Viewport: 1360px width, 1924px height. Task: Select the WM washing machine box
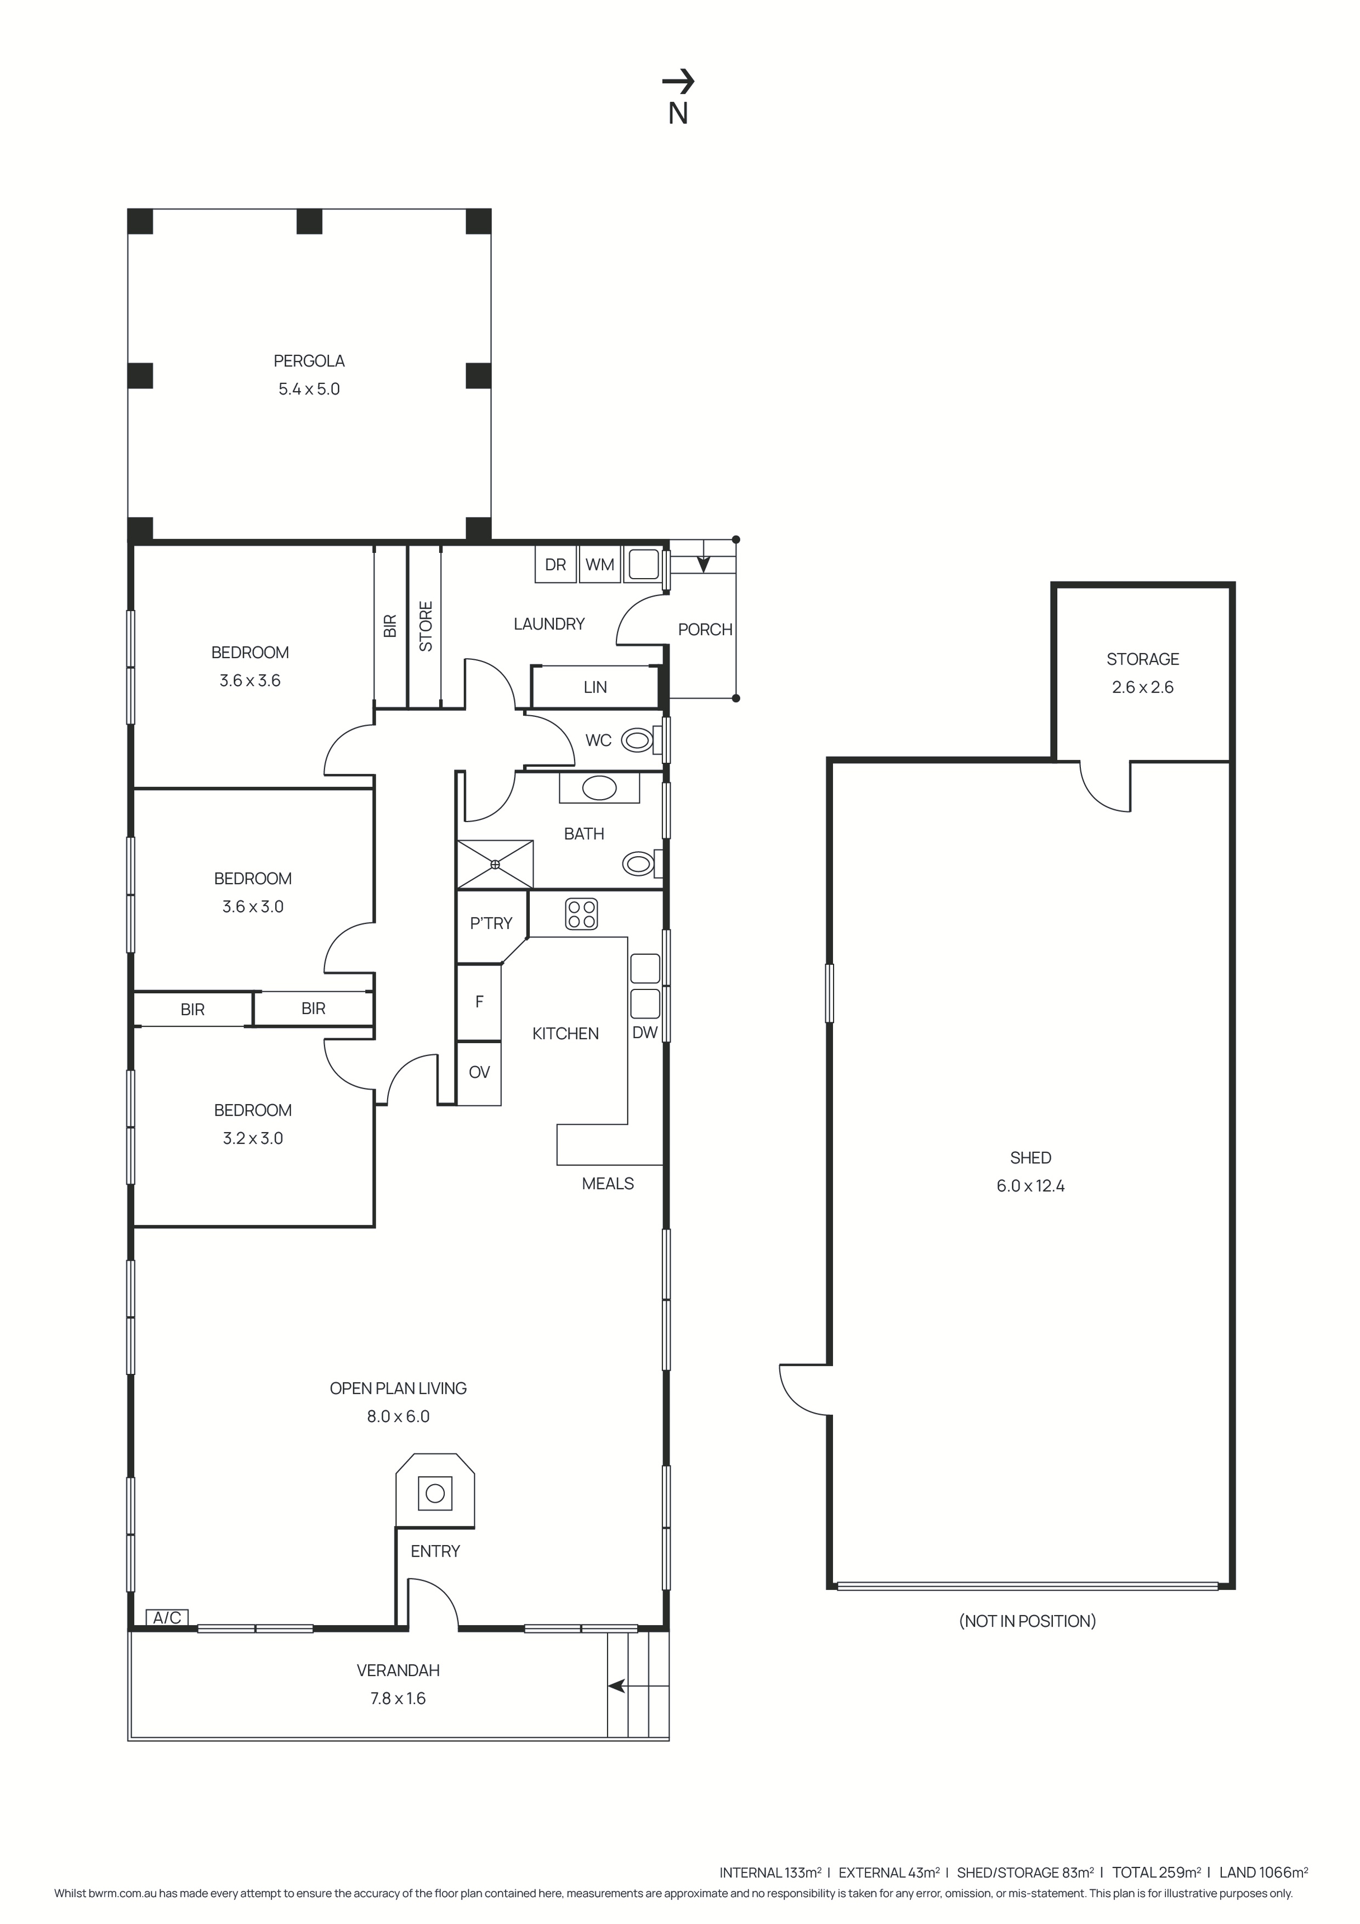[x=599, y=565]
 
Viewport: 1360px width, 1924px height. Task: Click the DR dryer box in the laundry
[x=555, y=565]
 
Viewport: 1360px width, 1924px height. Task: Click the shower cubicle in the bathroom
[x=495, y=864]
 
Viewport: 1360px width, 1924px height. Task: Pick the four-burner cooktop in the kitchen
[x=581, y=914]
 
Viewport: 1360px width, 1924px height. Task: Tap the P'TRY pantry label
[x=491, y=924]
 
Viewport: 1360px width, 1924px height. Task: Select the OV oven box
[x=479, y=1073]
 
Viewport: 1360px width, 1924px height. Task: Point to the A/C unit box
[x=167, y=1617]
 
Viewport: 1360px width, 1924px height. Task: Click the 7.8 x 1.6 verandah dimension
[x=398, y=1699]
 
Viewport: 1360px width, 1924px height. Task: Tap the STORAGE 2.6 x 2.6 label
[x=1142, y=673]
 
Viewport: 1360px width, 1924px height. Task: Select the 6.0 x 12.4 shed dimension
[x=1030, y=1186]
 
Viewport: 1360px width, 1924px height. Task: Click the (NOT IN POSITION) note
[x=1027, y=1621]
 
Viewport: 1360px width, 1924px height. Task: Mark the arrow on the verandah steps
[x=617, y=1686]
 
